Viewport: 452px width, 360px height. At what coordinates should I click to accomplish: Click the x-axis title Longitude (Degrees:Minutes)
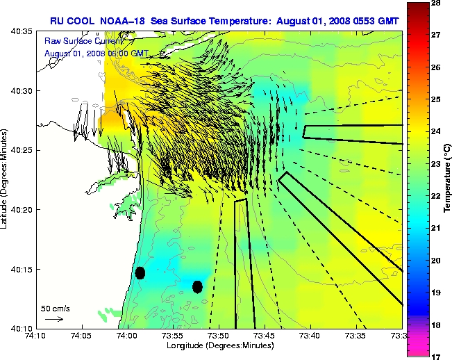tap(218, 346)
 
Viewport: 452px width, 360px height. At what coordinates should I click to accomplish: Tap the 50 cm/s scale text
tap(56, 308)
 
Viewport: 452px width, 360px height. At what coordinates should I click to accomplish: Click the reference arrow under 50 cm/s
tap(54, 319)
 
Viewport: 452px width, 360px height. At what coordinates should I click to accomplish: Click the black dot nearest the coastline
tap(140, 272)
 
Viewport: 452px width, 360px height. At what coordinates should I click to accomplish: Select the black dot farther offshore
tap(197, 286)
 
